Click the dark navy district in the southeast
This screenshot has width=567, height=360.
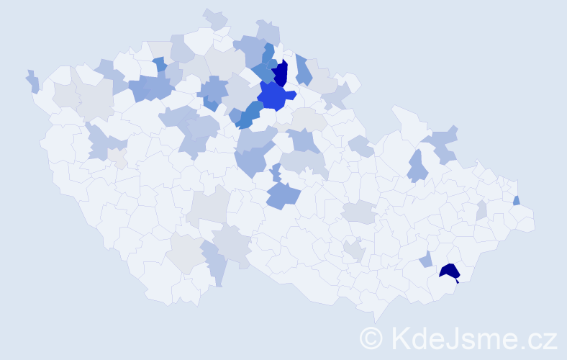(450, 271)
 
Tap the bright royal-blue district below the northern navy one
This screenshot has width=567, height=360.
(274, 95)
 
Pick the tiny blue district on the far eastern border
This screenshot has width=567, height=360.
(517, 200)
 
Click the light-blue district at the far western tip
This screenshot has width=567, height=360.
(32, 81)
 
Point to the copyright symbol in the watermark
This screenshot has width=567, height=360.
(371, 337)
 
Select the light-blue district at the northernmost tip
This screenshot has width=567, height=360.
(215, 18)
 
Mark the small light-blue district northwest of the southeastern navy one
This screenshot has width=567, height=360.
(426, 259)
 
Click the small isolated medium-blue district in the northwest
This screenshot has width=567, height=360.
(159, 64)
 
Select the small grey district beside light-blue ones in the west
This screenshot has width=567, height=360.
(117, 158)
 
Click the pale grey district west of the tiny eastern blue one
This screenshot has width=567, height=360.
(481, 210)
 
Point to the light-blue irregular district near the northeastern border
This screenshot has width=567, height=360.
(443, 143)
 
